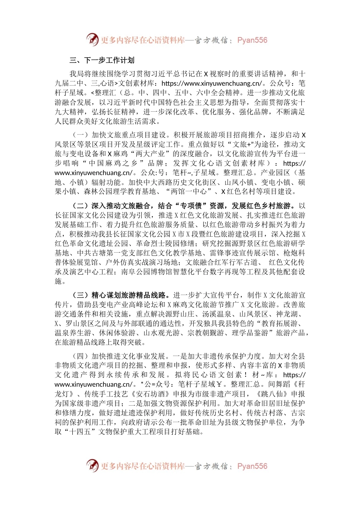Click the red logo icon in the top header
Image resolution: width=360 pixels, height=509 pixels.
point(92,39)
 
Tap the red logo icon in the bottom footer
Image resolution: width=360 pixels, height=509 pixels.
point(92,465)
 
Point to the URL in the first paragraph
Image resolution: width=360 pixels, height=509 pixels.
point(212,83)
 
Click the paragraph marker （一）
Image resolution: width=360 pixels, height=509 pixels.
point(80,135)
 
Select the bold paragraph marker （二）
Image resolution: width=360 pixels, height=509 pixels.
point(80,206)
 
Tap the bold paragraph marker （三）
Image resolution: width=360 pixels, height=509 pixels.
point(80,295)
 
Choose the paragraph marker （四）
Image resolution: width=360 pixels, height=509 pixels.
point(80,356)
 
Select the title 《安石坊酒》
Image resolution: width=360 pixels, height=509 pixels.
point(151,394)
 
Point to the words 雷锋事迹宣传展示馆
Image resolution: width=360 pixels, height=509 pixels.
point(243,253)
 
